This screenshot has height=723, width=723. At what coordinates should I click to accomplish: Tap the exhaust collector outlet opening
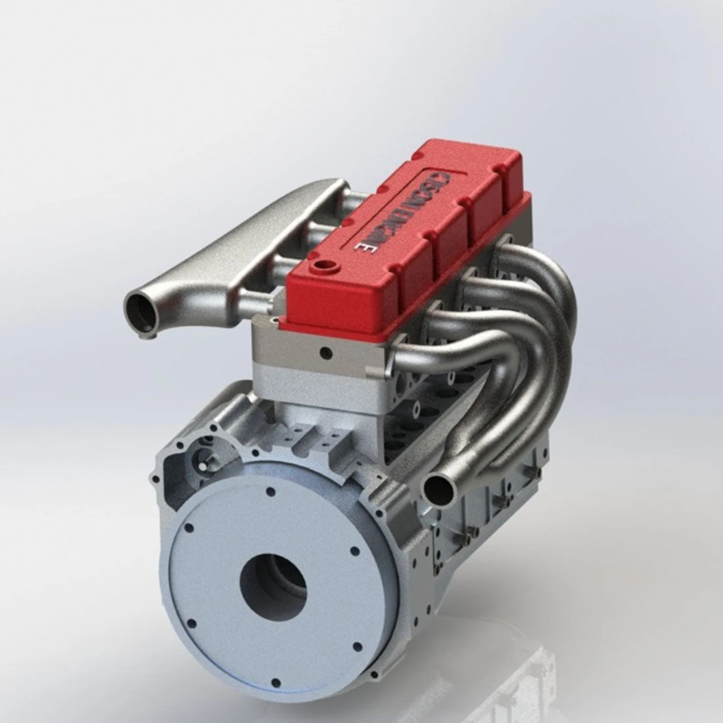coord(436,488)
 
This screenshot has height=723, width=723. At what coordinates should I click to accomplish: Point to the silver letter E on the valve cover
coord(361,248)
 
